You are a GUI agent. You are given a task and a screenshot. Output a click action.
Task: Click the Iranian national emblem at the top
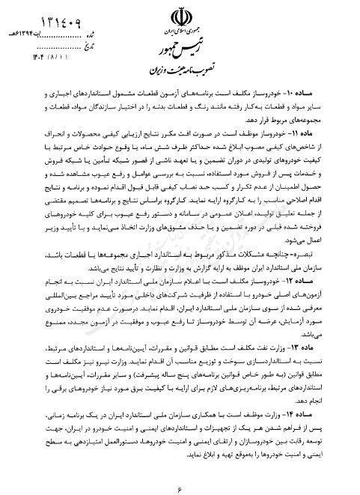182,16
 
